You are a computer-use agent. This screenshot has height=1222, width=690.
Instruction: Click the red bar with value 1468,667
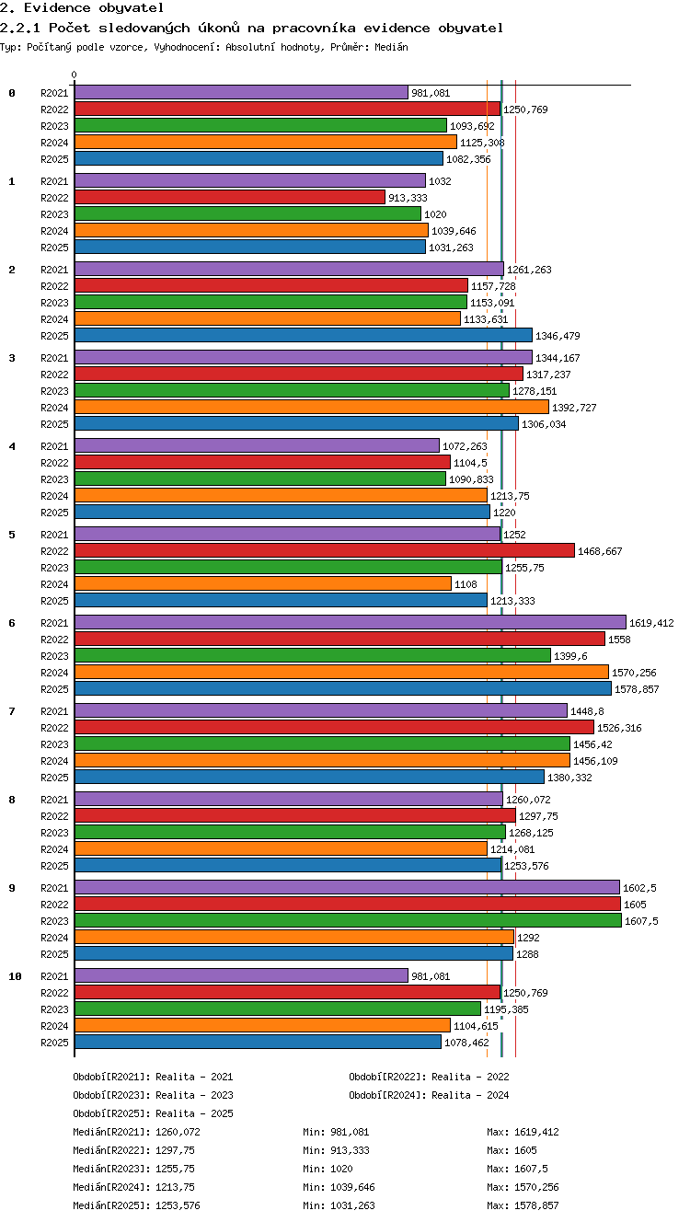point(325,550)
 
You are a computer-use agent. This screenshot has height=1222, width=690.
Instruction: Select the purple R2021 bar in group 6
point(351,622)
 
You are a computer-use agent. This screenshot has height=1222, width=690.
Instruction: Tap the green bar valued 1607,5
point(348,920)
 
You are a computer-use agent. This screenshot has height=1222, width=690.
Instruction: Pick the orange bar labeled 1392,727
point(312,407)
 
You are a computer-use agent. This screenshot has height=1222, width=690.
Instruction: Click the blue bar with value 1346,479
point(304,335)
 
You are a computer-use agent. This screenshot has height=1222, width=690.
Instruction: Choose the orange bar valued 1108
point(263,583)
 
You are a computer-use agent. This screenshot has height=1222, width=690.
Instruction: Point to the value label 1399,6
point(570,656)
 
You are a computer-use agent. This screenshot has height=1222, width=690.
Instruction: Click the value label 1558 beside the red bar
point(619,640)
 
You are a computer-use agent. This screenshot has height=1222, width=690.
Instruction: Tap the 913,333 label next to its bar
point(408,198)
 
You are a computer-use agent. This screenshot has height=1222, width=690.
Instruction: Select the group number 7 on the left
point(12,710)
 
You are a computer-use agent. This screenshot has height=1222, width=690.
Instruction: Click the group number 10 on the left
point(15,976)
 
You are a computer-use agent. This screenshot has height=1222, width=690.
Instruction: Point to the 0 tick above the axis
point(75,75)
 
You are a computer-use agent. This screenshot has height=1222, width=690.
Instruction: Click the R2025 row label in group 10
point(54,1043)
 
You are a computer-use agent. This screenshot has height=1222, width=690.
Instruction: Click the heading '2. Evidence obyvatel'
point(82,7)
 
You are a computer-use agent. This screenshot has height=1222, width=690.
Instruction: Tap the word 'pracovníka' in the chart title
point(314,28)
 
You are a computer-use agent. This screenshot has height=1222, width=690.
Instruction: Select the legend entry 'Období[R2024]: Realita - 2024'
point(429,1095)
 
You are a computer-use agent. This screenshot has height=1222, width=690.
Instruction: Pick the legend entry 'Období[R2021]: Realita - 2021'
point(153,1077)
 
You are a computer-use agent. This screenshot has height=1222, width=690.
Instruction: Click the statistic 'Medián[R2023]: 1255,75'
point(133,1169)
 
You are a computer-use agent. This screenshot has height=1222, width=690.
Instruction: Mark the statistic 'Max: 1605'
point(512,1150)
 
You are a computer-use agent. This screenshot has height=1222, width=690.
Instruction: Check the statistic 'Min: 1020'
point(328,1169)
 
